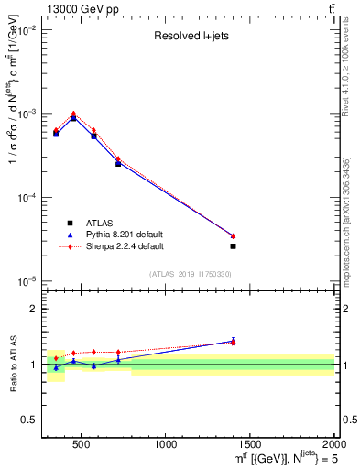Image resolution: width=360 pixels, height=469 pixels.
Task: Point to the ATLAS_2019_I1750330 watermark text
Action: click(x=191, y=274)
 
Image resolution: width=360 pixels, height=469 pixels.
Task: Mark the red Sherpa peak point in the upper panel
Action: click(x=73, y=114)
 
